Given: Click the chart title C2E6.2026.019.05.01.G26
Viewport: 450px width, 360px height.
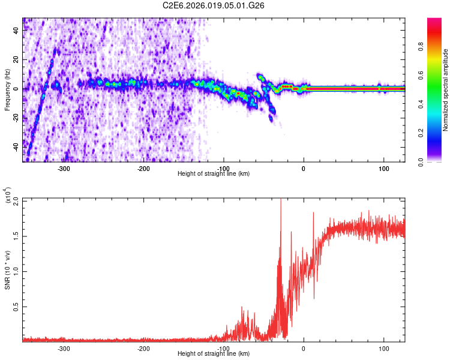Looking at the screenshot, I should pos(214,5).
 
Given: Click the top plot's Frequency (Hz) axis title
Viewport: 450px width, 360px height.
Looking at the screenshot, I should pos(7,90).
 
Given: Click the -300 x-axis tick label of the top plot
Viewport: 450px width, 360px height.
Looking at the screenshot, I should pos(64,169).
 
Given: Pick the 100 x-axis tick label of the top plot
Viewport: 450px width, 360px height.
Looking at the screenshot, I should pos(383,169).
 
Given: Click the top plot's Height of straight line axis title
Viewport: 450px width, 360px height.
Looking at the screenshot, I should pos(214,174).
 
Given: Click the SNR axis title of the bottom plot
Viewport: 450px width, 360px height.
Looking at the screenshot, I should pos(8,270).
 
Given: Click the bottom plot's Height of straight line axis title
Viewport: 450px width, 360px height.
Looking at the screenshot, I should pos(214,354).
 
